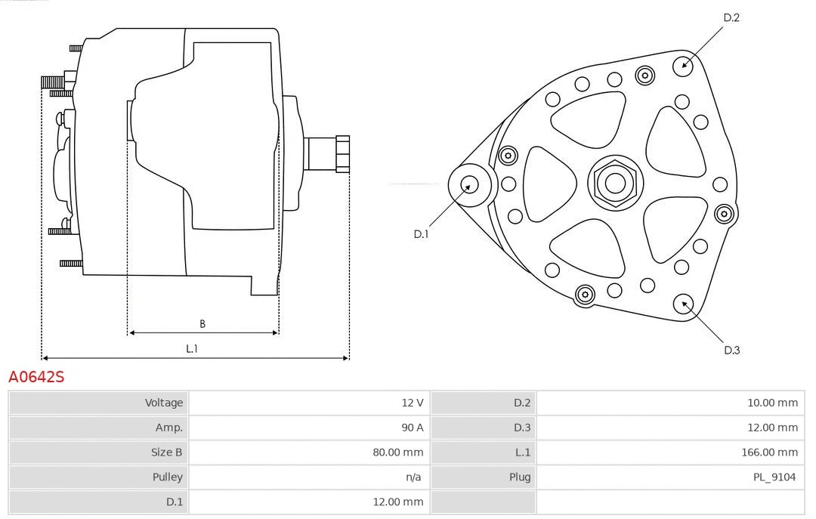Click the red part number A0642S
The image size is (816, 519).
pyautogui.click(x=36, y=377)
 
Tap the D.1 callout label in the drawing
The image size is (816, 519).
pyautogui.click(x=421, y=234)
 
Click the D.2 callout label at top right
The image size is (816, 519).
pyautogui.click(x=731, y=17)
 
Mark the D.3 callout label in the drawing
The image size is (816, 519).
pyautogui.click(x=731, y=350)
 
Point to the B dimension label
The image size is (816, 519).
pyautogui.click(x=202, y=324)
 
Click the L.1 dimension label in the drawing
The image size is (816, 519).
pyautogui.click(x=192, y=348)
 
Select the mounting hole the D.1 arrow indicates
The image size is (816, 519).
pyautogui.click(x=470, y=184)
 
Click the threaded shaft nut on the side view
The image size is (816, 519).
pyautogui.click(x=342, y=154)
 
